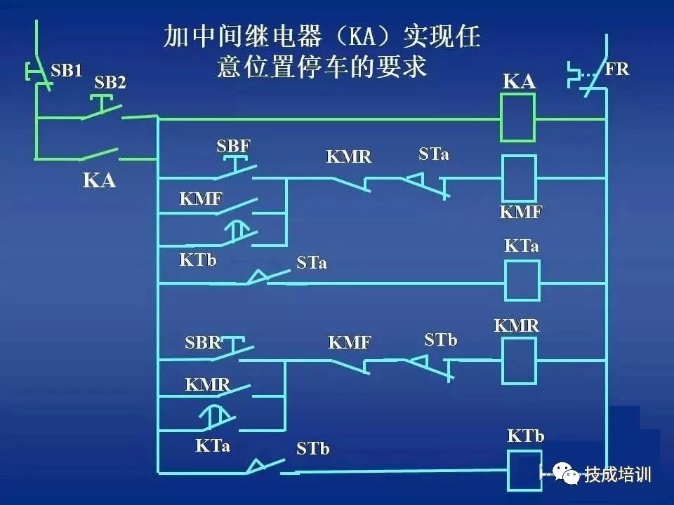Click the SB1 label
[67, 70]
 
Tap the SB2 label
[110, 83]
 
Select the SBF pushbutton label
[233, 147]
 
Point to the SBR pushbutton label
[204, 343]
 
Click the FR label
[616, 69]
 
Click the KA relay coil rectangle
[518, 117]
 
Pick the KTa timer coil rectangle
[522, 281]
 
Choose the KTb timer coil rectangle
[523, 469]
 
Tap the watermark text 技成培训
[618, 474]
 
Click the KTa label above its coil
[522, 246]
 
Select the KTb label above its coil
[525, 436]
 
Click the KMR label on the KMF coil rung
[349, 156]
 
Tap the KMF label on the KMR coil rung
[350, 343]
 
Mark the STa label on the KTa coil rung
[312, 264]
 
